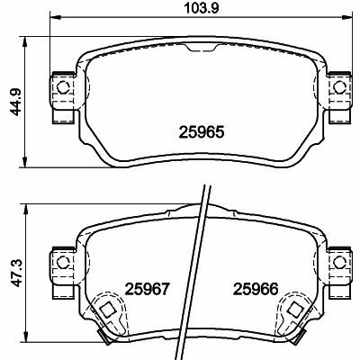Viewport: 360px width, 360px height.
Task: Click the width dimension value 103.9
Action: [x=202, y=8]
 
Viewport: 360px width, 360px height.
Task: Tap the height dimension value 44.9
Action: [x=15, y=102]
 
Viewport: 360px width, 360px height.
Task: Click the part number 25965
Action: [x=202, y=132]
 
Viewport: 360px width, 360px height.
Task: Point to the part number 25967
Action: [x=148, y=290]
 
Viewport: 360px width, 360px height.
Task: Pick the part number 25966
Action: [x=256, y=290]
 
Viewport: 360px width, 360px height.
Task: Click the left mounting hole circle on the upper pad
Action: [x=63, y=87]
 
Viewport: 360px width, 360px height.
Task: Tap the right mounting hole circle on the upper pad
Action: [x=339, y=87]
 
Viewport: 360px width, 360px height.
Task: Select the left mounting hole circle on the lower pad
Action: [x=63, y=263]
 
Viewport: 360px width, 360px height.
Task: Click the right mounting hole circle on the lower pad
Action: [x=339, y=263]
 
